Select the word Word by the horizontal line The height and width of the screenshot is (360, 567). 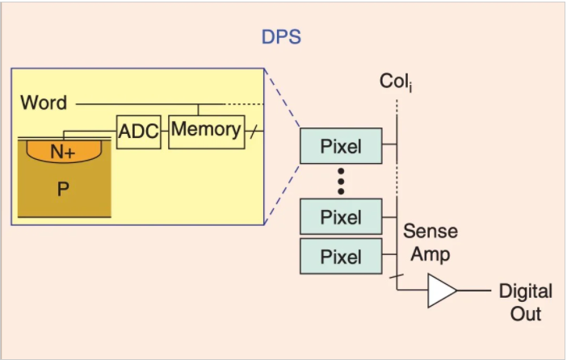pyautogui.click(x=44, y=103)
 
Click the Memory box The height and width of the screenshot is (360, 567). pyautogui.click(x=205, y=129)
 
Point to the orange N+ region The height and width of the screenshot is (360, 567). pyautogui.click(x=62, y=151)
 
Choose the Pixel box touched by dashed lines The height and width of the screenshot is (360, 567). pyautogui.click(x=340, y=146)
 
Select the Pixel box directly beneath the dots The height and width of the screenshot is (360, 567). pyautogui.click(x=340, y=216)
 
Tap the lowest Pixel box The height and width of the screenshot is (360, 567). pyautogui.click(x=340, y=257)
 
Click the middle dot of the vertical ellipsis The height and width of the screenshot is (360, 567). pyautogui.click(x=341, y=182)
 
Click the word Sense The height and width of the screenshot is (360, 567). pyautogui.click(x=430, y=232)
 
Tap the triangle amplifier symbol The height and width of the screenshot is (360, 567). pyautogui.click(x=441, y=291)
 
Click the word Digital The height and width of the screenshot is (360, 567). pyautogui.click(x=525, y=291)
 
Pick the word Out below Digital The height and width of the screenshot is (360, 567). pyautogui.click(x=525, y=312)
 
